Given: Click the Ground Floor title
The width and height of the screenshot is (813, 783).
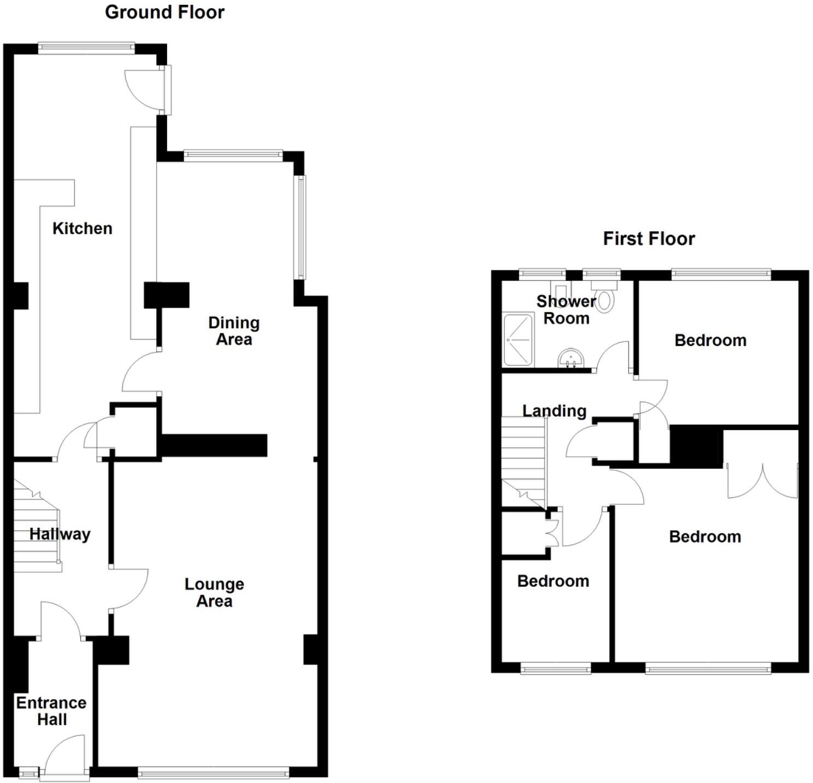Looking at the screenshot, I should click(164, 12).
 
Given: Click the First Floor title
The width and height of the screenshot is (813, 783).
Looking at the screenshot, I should click(649, 239).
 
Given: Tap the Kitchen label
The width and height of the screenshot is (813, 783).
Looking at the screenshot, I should click(83, 228).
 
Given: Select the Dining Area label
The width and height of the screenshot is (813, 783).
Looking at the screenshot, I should click(234, 331).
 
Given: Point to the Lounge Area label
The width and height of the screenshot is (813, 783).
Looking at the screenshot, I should click(214, 593).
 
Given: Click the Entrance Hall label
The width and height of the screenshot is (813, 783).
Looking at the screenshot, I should click(51, 711).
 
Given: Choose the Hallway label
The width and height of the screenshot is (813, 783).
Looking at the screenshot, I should click(60, 534).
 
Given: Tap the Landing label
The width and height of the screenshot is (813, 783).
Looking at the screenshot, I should click(554, 411).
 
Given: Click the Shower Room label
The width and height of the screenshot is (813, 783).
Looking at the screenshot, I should click(566, 310).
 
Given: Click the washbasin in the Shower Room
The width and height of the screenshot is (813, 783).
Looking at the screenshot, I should click(571, 359).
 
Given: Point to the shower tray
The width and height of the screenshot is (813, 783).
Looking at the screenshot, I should click(517, 339).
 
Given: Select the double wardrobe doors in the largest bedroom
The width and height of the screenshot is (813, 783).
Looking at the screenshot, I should click(762, 481).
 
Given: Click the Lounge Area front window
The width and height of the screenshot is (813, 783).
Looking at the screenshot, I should click(213, 772).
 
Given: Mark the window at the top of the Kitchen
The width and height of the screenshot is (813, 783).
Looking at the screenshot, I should click(86, 48).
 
